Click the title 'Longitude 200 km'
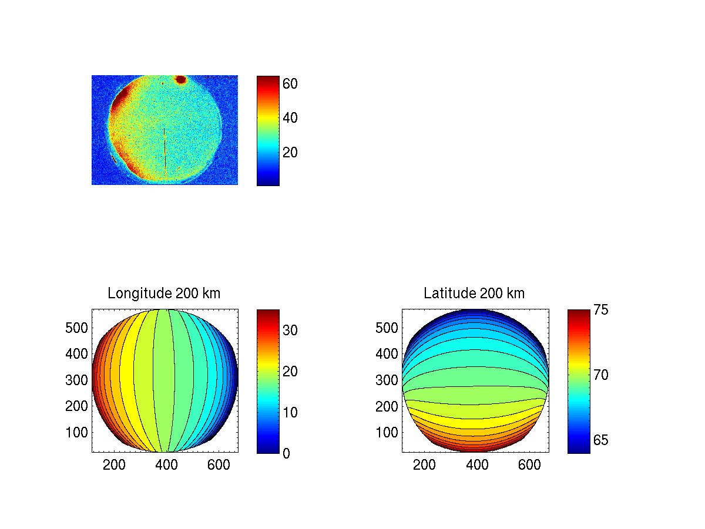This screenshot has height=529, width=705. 164,294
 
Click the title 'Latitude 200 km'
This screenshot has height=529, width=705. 474,294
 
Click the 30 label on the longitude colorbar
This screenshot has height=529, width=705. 290,331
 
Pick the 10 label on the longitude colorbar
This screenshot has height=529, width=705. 290,413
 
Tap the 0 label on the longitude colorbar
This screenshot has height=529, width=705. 286,454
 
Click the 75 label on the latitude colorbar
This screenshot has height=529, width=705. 600,309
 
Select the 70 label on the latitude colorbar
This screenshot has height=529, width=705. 600,375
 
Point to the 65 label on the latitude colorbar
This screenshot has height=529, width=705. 600,440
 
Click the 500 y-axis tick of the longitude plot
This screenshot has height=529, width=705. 75,328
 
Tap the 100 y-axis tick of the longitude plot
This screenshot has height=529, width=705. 75,432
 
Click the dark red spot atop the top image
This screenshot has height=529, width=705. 181,79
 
